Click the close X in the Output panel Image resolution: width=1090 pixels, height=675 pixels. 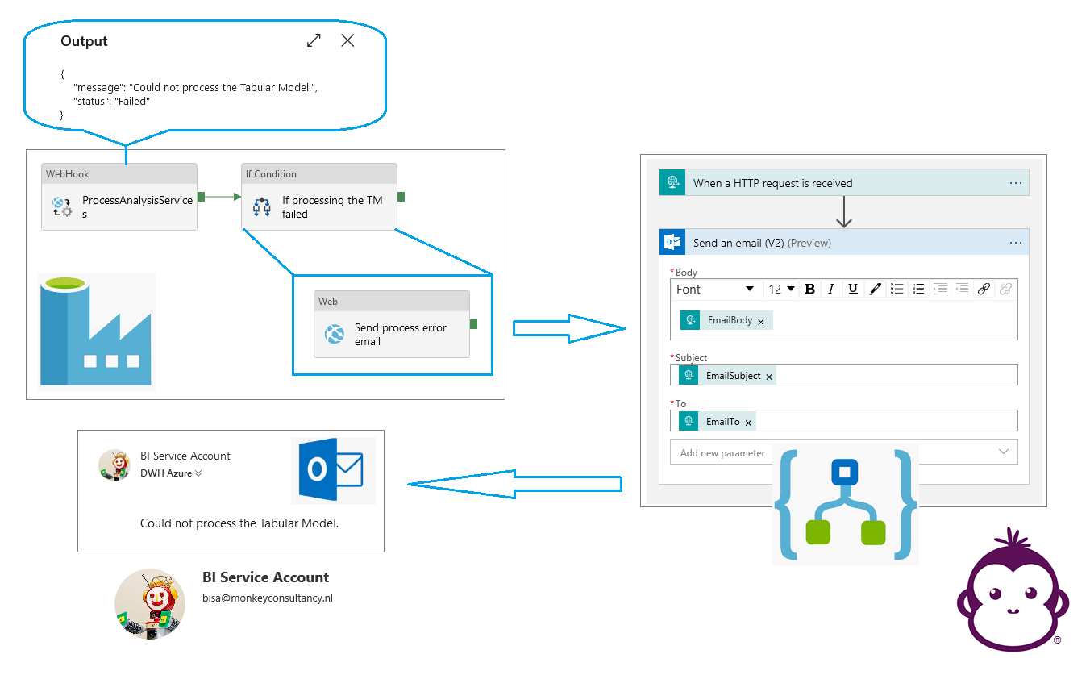pos(347,40)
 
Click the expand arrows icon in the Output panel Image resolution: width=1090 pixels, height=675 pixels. pos(314,40)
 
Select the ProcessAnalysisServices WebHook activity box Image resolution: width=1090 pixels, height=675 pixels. pos(119,197)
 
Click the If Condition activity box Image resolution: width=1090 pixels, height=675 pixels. pos(319,197)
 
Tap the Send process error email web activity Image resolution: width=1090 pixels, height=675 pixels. pos(392,324)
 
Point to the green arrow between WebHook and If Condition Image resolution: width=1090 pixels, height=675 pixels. pos(219,197)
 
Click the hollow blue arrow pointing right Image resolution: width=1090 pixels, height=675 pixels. pos(569,328)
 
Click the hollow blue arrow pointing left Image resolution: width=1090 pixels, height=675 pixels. pos(514,484)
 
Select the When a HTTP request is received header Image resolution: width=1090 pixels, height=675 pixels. pos(844,182)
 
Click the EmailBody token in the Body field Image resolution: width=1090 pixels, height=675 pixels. pos(726,320)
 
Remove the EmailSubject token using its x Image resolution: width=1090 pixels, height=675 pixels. pos(769,377)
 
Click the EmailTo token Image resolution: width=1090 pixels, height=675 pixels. pos(718,422)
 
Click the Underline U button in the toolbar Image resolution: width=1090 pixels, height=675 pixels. pos(852,289)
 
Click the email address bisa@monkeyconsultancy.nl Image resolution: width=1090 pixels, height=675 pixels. pos(268,598)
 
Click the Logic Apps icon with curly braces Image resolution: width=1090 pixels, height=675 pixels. pos(846,505)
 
